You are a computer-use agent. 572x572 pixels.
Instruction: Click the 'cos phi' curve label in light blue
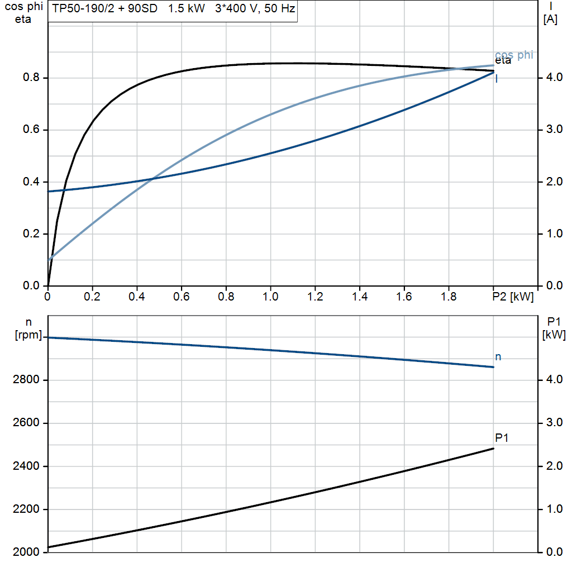pos(514,55)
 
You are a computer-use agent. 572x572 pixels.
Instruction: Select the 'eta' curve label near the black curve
pos(503,61)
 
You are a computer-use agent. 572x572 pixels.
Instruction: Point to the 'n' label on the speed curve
pos(498,357)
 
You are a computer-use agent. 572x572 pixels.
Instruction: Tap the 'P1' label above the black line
pos(502,437)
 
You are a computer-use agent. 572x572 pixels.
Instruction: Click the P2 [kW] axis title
pos(513,297)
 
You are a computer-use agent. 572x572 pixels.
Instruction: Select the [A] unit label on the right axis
pos(550,20)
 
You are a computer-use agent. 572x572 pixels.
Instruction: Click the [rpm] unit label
pos(30,335)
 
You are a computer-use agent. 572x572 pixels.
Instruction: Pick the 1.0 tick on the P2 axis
pos(270,297)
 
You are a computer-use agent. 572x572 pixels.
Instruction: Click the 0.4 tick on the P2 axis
pos(136,297)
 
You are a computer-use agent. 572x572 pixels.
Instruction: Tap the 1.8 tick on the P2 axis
pos(449,297)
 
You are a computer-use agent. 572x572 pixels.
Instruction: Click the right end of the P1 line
pos(493,449)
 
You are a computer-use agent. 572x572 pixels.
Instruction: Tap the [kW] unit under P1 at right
pos(554,335)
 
